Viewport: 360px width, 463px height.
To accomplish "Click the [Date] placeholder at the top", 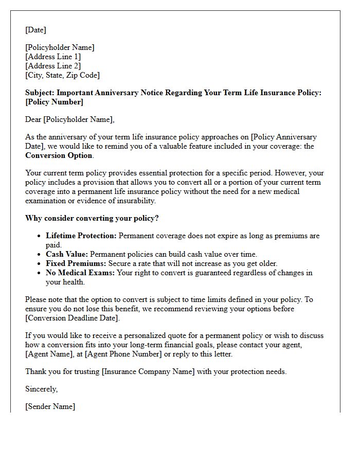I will tap(36, 30).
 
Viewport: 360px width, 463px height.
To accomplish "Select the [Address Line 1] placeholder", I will tap(53, 57).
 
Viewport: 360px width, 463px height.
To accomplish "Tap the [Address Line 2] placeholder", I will tap(53, 66).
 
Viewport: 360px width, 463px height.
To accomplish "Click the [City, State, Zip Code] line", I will tap(62, 75).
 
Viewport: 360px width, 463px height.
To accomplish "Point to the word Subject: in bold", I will tap(40, 93).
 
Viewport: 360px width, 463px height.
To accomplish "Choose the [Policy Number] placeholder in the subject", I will tap(54, 102).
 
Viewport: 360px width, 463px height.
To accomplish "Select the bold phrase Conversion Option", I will tap(59, 155).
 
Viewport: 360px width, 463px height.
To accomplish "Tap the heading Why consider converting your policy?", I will tap(92, 218).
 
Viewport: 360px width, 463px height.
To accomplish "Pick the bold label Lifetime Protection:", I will tap(81, 236).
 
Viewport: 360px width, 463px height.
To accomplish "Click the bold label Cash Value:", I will tap(67, 254).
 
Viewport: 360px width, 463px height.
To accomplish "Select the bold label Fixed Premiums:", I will tap(76, 263).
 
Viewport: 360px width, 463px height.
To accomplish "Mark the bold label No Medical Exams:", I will tap(80, 273).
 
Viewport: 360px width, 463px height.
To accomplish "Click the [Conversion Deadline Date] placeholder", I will tap(72, 318).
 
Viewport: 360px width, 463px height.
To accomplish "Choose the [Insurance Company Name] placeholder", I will tap(149, 371).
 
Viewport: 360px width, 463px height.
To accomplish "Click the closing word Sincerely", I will tap(41, 389).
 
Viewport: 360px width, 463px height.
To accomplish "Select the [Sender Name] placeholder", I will tap(50, 406).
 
